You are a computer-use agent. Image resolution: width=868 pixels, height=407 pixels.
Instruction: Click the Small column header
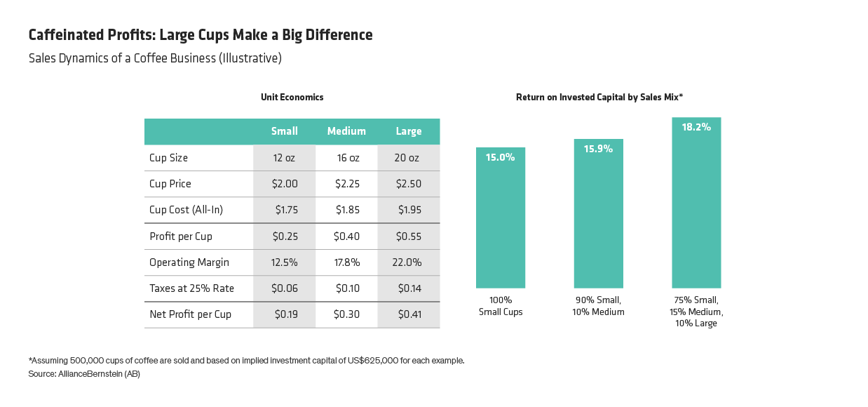point(284,131)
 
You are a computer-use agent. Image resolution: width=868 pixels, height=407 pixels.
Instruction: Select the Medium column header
point(346,131)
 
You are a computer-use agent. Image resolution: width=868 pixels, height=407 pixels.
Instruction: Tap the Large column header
point(408,131)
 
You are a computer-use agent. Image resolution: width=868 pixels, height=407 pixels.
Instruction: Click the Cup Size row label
point(168,158)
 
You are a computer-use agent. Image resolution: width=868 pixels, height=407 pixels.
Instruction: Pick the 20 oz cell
point(408,158)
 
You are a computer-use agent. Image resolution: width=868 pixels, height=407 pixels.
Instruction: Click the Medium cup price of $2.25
point(346,184)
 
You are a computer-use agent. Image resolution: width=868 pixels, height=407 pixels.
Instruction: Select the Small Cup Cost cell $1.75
point(285,210)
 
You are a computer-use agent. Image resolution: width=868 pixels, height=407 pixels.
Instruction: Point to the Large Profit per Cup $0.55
point(409,236)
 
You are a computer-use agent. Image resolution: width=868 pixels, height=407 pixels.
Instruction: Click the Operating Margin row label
point(189,262)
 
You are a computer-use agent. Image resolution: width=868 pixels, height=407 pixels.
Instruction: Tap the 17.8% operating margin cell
point(346,262)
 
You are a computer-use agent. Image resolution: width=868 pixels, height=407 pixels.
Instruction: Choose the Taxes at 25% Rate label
point(191,288)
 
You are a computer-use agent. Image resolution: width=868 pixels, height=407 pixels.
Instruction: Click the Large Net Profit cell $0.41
point(409,314)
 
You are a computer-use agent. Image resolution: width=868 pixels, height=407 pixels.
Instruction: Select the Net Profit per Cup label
point(190,314)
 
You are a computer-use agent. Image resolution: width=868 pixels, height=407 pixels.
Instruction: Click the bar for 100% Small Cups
point(501,225)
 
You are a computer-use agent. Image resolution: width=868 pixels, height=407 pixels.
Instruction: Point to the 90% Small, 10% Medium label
point(598,306)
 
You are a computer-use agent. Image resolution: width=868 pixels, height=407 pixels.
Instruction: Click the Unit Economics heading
point(292,98)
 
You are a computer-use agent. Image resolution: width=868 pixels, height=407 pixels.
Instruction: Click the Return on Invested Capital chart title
point(599,98)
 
